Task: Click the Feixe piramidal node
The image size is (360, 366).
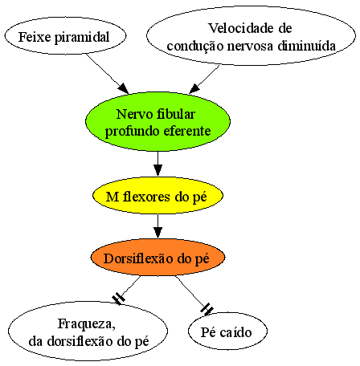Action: coord(65,36)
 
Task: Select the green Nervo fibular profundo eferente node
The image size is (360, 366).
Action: coord(157,122)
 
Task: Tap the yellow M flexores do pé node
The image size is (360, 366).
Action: coord(157,196)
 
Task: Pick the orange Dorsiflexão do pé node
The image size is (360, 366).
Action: coord(157,257)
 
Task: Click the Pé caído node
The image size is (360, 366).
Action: coord(227,331)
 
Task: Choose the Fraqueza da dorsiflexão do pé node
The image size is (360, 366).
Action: coord(88,331)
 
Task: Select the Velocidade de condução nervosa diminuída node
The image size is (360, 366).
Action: coord(252,35)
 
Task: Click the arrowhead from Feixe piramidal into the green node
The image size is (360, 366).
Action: coord(124,88)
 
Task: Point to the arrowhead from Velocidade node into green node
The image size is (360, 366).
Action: coord(194,88)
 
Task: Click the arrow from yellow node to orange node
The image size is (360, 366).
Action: coord(157,226)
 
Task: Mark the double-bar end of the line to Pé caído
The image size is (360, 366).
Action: coord(207,310)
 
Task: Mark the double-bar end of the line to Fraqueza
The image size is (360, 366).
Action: coord(118,299)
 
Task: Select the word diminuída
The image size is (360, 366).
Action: coord(306,46)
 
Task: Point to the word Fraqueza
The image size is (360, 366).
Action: coord(87,324)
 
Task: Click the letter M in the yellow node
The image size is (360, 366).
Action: coord(112,197)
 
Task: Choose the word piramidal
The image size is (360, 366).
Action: coord(82,38)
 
